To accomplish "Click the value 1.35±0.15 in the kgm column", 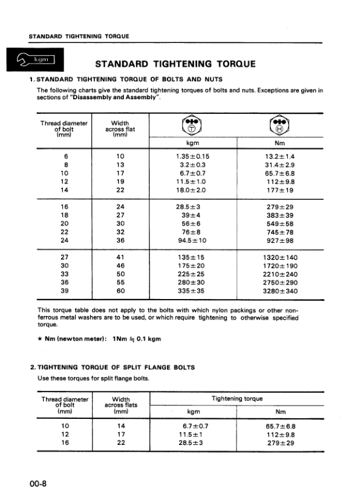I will click(x=192, y=156).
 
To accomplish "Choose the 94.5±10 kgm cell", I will click(x=192, y=240).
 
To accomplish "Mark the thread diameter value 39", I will click(x=65, y=291).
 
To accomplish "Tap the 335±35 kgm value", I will click(x=192, y=291).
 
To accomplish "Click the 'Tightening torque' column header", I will click(x=237, y=399).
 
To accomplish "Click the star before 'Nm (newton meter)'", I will click(x=39, y=339).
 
